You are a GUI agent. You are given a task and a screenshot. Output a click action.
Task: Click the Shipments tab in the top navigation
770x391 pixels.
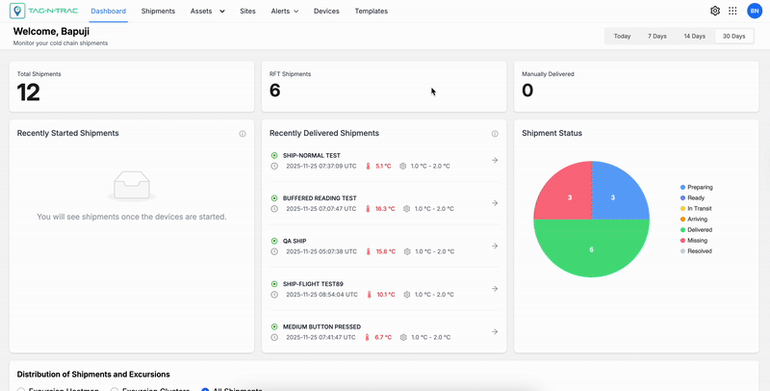coord(158,12)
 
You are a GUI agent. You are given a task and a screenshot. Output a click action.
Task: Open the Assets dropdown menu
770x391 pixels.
coord(207,12)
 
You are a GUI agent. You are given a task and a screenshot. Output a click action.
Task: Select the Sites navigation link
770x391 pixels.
coord(247,12)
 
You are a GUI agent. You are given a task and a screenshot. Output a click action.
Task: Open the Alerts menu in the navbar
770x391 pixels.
coord(284,12)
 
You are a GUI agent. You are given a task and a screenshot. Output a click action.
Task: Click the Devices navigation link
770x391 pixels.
coord(326,12)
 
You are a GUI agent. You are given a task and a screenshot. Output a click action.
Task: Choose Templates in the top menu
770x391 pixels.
coord(371,12)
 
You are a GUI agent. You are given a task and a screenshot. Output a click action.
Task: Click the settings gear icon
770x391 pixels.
coord(715,12)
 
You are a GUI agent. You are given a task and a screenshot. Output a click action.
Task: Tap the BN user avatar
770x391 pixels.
coord(754,12)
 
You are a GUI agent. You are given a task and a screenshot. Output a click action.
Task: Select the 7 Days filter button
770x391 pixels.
coord(656,36)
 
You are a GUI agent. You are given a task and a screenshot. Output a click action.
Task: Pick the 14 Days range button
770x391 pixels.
coord(694,36)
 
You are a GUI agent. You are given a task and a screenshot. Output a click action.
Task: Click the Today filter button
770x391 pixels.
coord(622,36)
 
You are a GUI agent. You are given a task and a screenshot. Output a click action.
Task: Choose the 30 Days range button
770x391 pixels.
coord(733,36)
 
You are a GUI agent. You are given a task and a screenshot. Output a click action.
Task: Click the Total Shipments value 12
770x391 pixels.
coord(29,91)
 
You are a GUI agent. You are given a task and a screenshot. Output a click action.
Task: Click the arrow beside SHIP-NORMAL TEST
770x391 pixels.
coord(495,160)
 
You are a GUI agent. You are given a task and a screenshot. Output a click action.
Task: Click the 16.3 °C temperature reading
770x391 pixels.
coord(385,208)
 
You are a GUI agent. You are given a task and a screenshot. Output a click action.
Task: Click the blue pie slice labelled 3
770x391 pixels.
coord(612,197)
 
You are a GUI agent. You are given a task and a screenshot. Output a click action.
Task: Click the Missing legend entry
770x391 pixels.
coord(698,240)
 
